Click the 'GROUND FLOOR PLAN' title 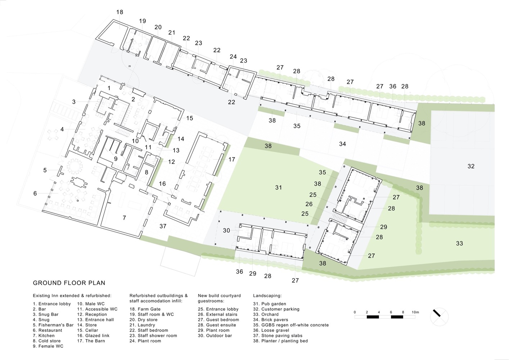click(69, 283)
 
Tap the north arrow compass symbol click(439, 316)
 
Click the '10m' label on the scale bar click(415, 312)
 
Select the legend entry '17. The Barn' click(91, 341)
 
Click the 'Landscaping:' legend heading click(267, 296)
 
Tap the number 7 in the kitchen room click(124, 218)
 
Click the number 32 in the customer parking click(471, 166)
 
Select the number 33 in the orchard click(459, 244)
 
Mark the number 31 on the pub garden click(278, 188)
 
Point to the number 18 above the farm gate click(120, 12)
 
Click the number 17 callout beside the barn click(231, 159)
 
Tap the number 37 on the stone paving click(163, 226)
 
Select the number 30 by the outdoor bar click(226, 230)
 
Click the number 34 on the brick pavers click(342, 144)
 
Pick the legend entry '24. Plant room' click(145, 341)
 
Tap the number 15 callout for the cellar click(189, 118)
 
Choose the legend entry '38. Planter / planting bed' click(280, 341)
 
